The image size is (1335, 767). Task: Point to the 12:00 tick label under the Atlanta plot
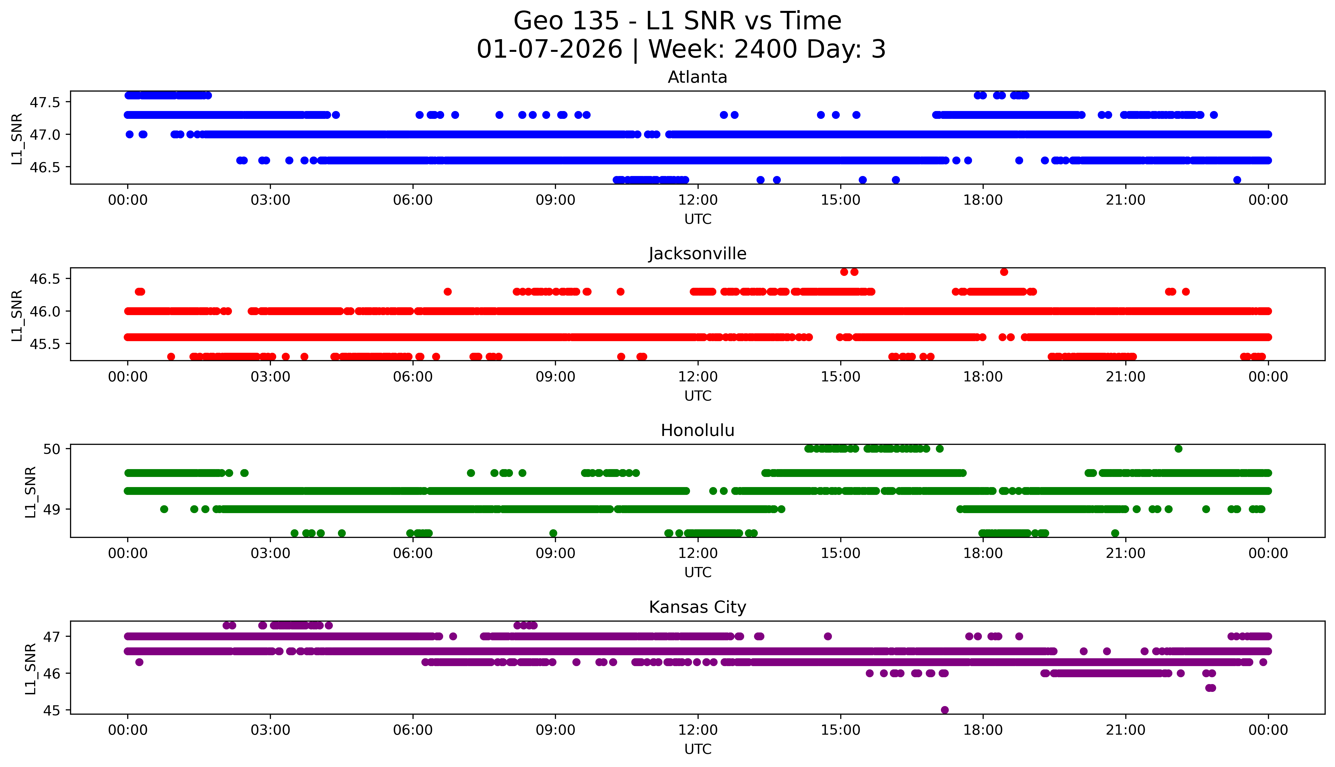click(698, 200)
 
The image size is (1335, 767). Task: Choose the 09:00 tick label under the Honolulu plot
click(555, 553)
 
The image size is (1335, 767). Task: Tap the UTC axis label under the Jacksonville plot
click(698, 396)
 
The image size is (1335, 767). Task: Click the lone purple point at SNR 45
click(945, 710)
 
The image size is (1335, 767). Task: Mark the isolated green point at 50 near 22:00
click(1178, 449)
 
